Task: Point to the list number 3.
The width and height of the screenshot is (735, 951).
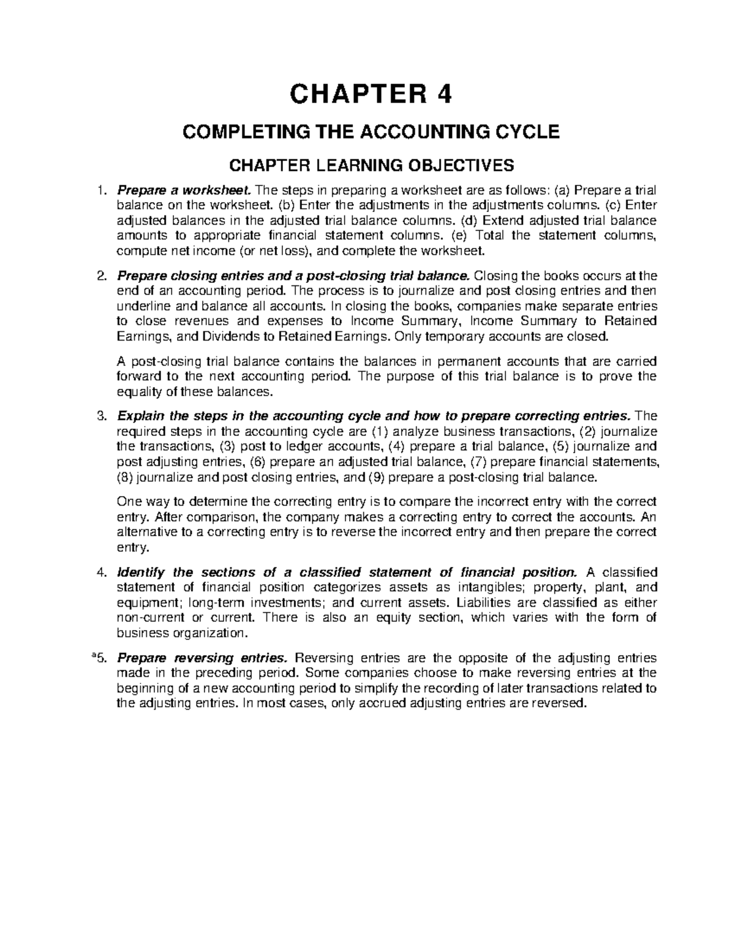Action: (102, 416)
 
